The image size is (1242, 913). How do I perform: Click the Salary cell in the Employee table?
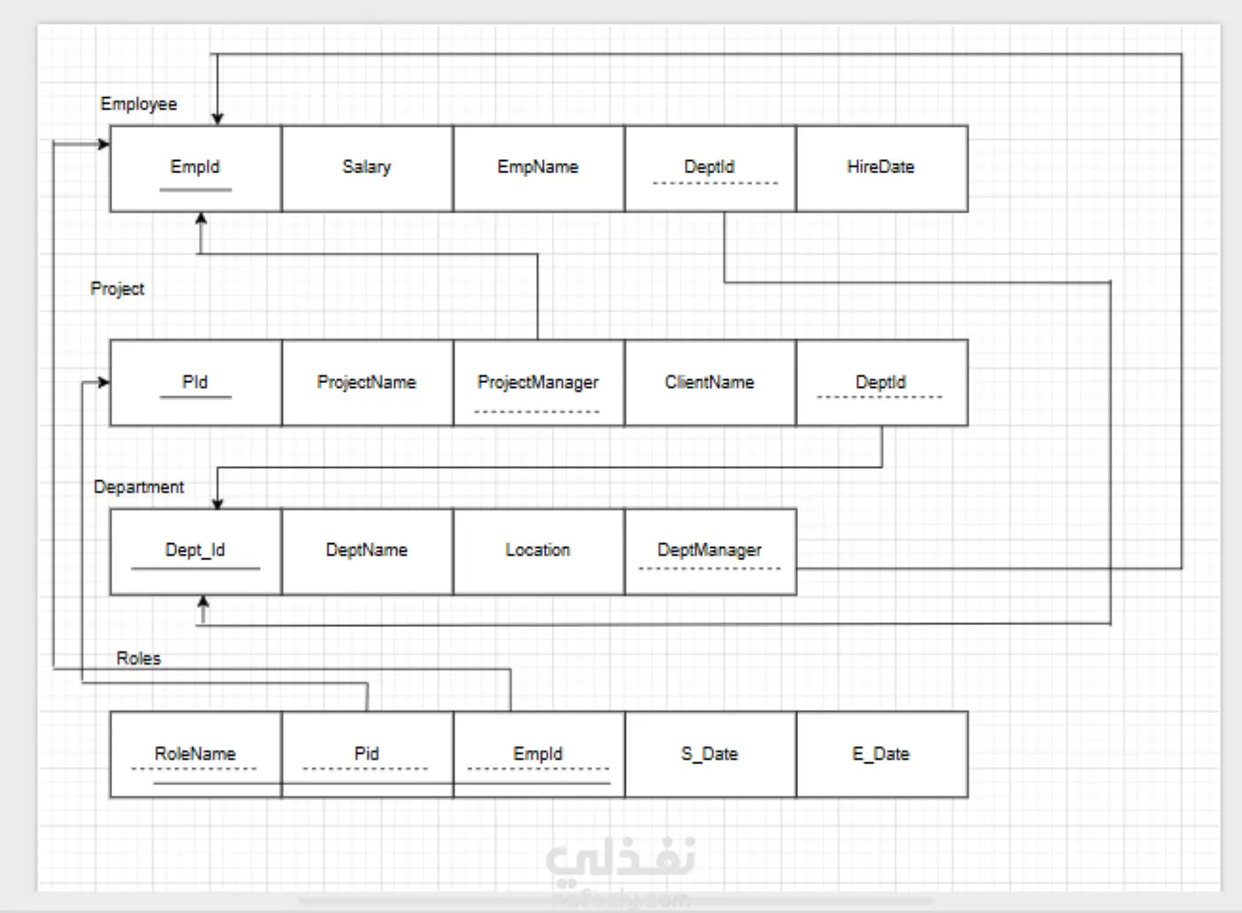coord(366,168)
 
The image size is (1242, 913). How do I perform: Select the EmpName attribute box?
coord(538,168)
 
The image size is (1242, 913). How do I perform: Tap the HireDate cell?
coord(881,168)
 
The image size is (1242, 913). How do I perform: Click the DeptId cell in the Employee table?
coord(709,168)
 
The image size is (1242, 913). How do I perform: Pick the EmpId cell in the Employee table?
coord(195,168)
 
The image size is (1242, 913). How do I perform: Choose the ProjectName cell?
coord(366,382)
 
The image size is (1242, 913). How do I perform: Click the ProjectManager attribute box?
coord(538,382)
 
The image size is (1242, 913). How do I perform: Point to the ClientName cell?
coord(709,382)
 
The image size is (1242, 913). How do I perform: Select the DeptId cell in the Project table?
coord(881,382)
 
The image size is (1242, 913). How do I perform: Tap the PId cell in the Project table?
coord(195,382)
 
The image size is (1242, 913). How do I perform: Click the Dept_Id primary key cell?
coord(195,551)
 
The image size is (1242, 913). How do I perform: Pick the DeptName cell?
coord(366,551)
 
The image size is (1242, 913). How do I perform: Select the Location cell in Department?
coord(538,551)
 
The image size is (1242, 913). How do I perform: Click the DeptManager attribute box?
coord(709,551)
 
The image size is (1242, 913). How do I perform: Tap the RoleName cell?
coord(195,754)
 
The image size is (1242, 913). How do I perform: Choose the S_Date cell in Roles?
coord(709,754)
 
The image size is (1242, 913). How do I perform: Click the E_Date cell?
coord(881,754)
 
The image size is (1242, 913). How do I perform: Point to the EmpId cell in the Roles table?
coord(538,754)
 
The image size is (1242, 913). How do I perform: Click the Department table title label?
coord(138,487)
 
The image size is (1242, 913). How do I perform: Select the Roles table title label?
coord(138,658)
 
